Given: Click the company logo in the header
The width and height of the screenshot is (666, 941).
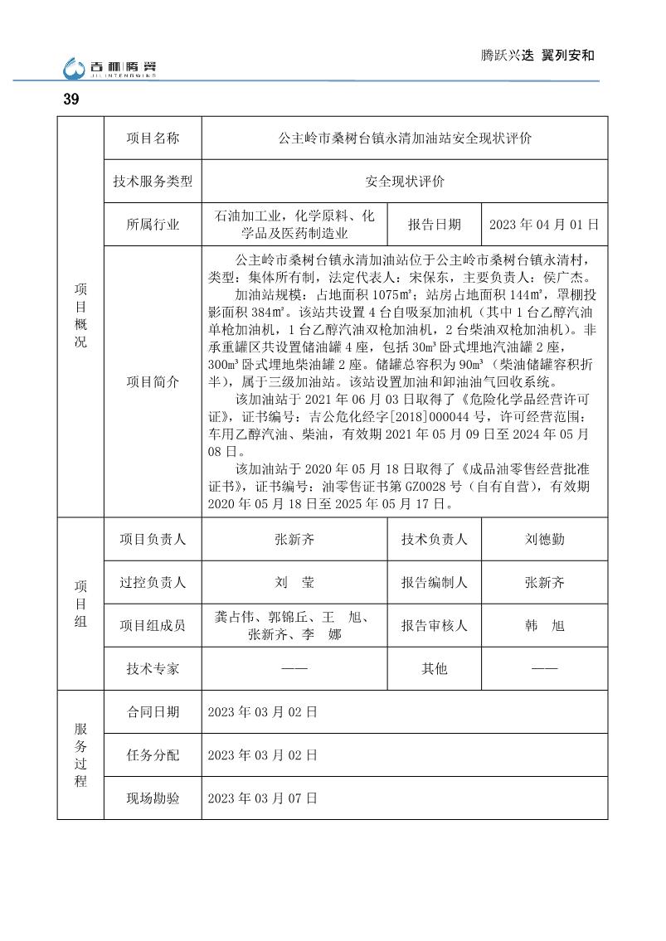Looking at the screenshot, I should (109, 66).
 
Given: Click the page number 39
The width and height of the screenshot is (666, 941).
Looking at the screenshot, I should (70, 99).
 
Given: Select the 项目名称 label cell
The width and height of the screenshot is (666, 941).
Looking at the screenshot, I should (153, 138).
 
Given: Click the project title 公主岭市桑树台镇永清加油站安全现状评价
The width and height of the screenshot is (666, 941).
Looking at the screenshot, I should (405, 138).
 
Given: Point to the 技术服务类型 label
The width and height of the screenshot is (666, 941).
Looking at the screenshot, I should (153, 182).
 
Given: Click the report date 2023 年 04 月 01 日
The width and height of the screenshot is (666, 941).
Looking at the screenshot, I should (544, 225).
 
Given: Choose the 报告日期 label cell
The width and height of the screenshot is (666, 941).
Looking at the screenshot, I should (434, 225).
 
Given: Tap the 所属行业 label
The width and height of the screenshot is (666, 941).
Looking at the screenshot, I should (153, 225).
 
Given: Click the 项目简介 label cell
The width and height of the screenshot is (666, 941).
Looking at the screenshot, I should (153, 381).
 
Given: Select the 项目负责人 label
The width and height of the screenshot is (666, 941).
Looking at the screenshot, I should (153, 539).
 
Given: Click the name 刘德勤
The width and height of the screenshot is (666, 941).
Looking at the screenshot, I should (544, 539).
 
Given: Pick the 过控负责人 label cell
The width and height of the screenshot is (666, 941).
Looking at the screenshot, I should (153, 582).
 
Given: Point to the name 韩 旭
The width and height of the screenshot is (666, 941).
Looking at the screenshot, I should (544, 625).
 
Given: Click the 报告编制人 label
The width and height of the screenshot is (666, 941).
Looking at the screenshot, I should (434, 582).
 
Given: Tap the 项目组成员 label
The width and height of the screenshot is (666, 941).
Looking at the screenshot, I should (153, 625).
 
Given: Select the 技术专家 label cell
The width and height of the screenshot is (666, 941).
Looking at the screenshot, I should (153, 668).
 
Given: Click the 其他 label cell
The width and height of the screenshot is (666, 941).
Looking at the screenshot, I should (434, 668).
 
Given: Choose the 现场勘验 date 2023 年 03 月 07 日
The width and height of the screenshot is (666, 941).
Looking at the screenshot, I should (262, 798).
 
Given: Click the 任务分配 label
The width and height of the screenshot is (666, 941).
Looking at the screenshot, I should (153, 755).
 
